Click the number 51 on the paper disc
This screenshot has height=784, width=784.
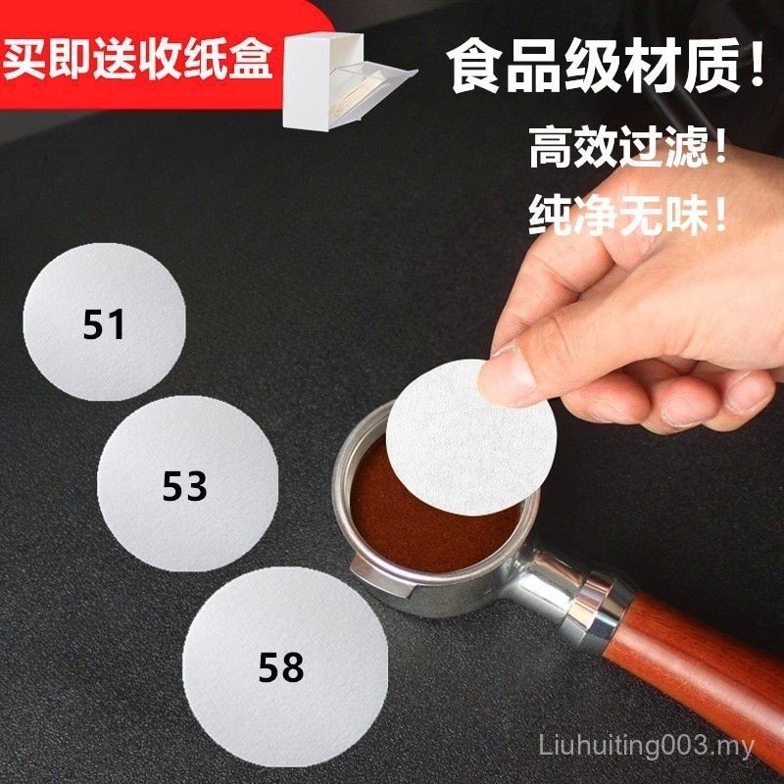pyautogui.click(x=105, y=323)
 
